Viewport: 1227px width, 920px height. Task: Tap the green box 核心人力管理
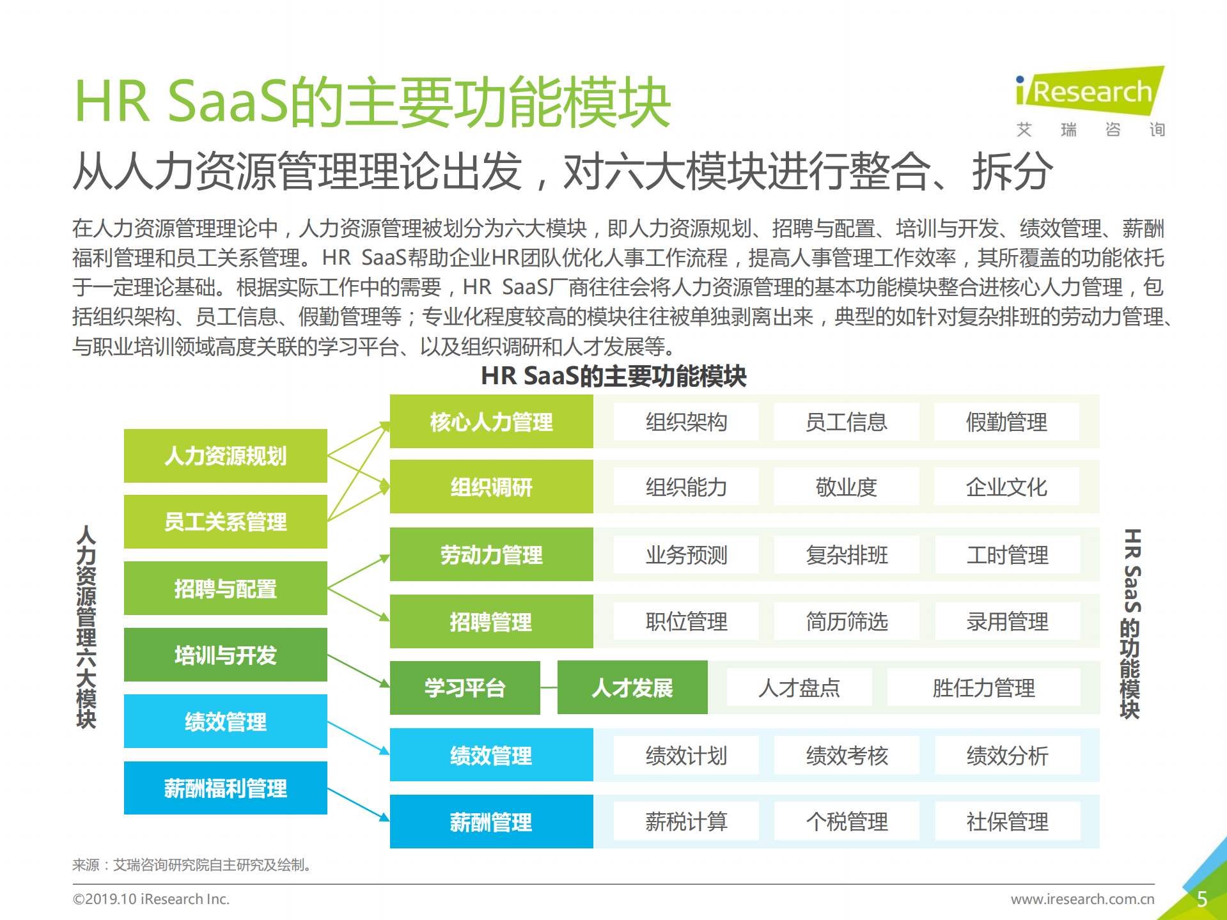coord(491,422)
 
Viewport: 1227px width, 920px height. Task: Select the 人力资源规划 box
coord(225,456)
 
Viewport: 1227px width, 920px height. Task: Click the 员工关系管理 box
coord(225,522)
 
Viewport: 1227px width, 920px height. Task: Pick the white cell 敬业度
coord(846,487)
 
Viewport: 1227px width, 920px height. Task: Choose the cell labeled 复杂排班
coord(846,555)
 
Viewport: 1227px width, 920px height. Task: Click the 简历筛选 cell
coord(846,621)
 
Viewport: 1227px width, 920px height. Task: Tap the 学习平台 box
coord(465,688)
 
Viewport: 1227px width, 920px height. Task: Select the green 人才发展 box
coord(632,688)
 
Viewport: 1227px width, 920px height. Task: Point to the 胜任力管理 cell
coord(983,688)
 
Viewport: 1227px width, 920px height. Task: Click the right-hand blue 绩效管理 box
coord(491,756)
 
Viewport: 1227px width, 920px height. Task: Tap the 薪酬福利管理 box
coord(225,788)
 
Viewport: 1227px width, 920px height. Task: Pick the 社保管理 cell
coord(1007,822)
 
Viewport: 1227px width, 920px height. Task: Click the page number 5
coord(1201,899)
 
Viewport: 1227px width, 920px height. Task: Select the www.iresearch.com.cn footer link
coord(1082,899)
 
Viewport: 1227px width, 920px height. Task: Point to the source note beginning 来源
coord(192,865)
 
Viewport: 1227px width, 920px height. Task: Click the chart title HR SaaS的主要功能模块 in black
coord(613,376)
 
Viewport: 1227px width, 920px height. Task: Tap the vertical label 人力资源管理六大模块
coord(86,627)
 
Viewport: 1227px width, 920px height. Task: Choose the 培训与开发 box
coord(225,655)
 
